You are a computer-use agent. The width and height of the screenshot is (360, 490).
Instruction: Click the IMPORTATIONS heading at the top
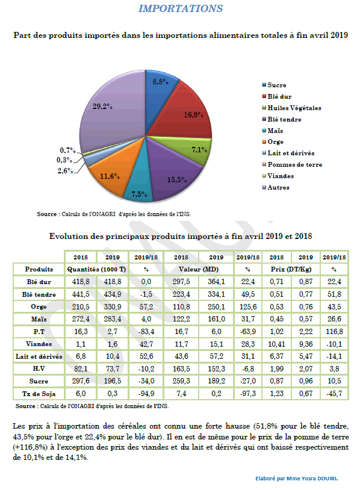pyautogui.click(x=181, y=8)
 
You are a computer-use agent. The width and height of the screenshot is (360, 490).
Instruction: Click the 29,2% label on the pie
pyautogui.click(x=102, y=107)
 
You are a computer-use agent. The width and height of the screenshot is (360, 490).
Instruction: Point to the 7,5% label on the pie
pyautogui.click(x=139, y=194)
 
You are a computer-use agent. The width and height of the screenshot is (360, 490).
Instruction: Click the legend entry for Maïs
pyautogui.click(x=273, y=131)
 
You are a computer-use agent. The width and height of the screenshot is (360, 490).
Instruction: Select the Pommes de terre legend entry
pyautogui.click(x=292, y=164)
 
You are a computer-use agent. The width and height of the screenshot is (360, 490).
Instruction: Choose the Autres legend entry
pyautogui.click(x=276, y=187)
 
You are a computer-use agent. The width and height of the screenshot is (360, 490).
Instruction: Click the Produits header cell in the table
pyautogui.click(x=39, y=269)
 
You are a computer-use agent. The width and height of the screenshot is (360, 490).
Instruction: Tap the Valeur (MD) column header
pyautogui.click(x=199, y=269)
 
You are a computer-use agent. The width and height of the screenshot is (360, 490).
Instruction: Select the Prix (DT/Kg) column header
pyautogui.click(x=291, y=269)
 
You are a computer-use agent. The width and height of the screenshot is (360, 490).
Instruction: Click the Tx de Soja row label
pyautogui.click(x=39, y=394)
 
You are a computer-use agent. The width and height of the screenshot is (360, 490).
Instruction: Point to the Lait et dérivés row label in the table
pyautogui.click(x=39, y=356)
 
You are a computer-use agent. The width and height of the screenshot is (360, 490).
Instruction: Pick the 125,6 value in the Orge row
pyautogui.click(x=248, y=307)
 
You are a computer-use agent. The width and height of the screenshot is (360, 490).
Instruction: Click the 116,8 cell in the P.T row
pyautogui.click(x=334, y=332)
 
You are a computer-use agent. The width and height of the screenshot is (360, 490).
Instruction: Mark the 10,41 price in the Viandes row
pyautogui.click(x=276, y=344)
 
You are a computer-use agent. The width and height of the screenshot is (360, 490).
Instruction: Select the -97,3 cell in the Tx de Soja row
pyautogui.click(x=248, y=394)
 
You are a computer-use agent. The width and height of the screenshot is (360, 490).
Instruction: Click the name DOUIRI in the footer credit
pyautogui.click(x=327, y=479)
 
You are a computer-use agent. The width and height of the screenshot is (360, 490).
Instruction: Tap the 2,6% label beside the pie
pyautogui.click(x=65, y=170)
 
